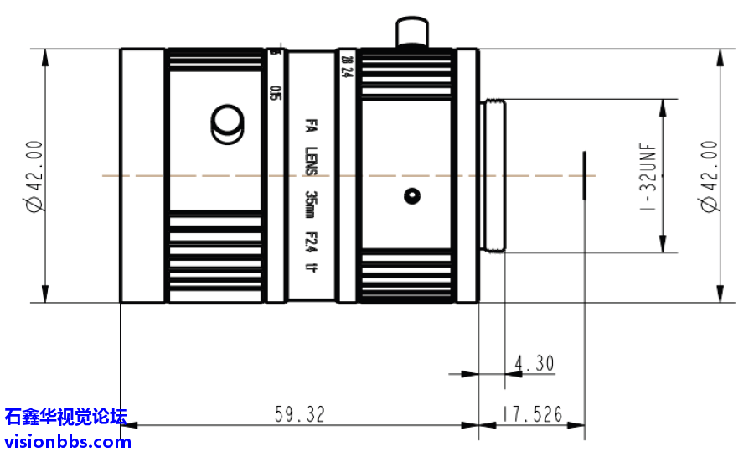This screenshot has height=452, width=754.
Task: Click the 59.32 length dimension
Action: click(x=299, y=414)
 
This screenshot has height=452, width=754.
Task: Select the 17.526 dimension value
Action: click(x=532, y=414)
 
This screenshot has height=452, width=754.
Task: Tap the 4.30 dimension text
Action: click(x=534, y=364)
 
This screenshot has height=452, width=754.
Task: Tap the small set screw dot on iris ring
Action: click(x=411, y=196)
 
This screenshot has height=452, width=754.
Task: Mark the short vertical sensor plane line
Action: click(x=584, y=176)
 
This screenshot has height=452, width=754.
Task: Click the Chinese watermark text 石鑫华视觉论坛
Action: click(x=65, y=417)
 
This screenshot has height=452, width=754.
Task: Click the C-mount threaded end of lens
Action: click(x=493, y=176)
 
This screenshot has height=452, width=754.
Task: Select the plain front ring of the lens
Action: click(x=142, y=176)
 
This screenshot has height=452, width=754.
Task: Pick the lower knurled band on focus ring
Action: click(x=215, y=256)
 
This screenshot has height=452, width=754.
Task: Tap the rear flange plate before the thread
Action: click(x=467, y=176)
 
